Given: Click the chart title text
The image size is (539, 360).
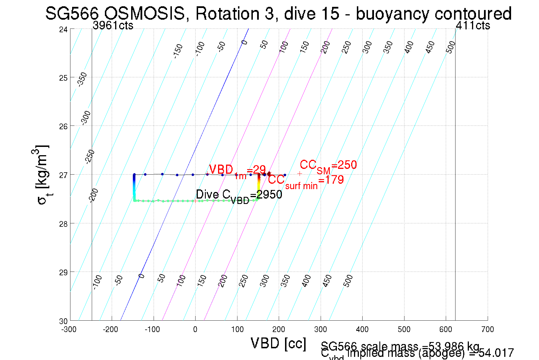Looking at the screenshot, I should pyautogui.click(x=278, y=13).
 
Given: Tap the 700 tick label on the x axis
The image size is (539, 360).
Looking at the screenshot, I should pyautogui.click(x=487, y=330).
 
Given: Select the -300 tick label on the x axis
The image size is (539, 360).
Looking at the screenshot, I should pyautogui.click(x=69, y=330).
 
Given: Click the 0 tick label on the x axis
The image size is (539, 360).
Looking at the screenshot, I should pyautogui.click(x=195, y=330).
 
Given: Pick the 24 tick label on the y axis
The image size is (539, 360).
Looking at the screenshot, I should pyautogui.click(x=63, y=29).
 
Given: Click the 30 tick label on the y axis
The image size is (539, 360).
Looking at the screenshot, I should pyautogui.click(x=63, y=321).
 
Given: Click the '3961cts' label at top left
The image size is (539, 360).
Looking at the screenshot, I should pyautogui.click(x=113, y=26).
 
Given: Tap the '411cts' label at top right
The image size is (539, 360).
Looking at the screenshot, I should pyautogui.click(x=473, y=26).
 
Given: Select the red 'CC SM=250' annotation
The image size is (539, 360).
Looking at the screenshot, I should pyautogui.click(x=328, y=166).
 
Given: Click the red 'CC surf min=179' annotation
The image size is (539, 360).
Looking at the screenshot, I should pyautogui.click(x=306, y=181).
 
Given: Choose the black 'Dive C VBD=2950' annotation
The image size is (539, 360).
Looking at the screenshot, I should pyautogui.click(x=239, y=195).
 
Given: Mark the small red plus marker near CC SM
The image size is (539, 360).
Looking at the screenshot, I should pyautogui.click(x=300, y=173).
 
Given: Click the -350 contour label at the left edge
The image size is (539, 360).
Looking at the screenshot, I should pyautogui.click(x=82, y=79).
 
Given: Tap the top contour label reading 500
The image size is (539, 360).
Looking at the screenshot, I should pyautogui.click(x=451, y=47).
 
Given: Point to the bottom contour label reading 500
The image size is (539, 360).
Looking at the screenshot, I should pyautogui.click(x=348, y=281).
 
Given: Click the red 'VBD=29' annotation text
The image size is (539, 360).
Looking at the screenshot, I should pyautogui.click(x=237, y=170).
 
